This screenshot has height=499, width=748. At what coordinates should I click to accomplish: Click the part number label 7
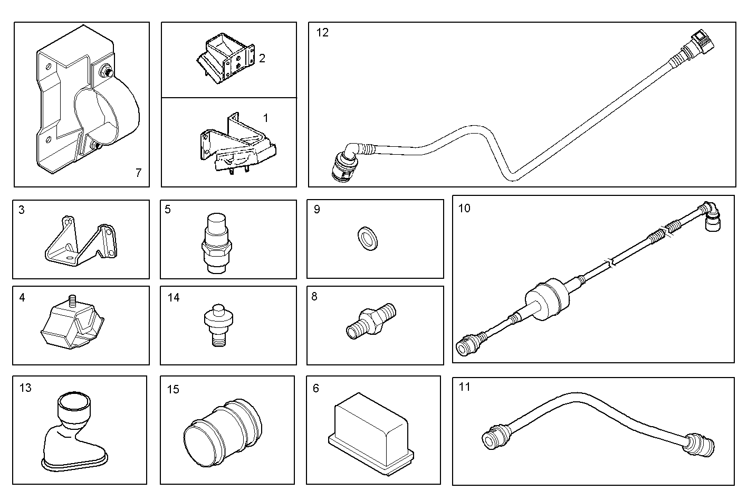pos(138,173)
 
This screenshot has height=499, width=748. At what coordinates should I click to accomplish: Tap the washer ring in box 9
pos(368,238)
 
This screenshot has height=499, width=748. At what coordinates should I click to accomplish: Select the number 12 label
pos(322,33)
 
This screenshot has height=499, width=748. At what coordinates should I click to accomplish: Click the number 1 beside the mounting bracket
pos(265,118)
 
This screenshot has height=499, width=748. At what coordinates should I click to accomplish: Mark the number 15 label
pos(173,389)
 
